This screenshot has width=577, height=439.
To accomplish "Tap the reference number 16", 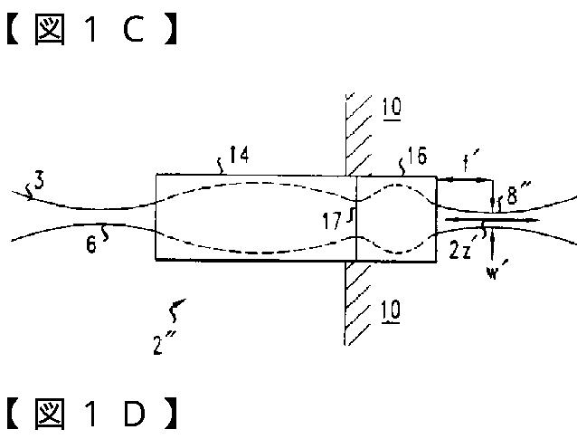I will (x=418, y=157).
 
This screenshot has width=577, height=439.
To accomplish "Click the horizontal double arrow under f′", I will (x=463, y=181).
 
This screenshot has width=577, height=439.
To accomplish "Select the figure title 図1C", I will (x=90, y=30).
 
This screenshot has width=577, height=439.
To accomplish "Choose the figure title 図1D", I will (x=90, y=415).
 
